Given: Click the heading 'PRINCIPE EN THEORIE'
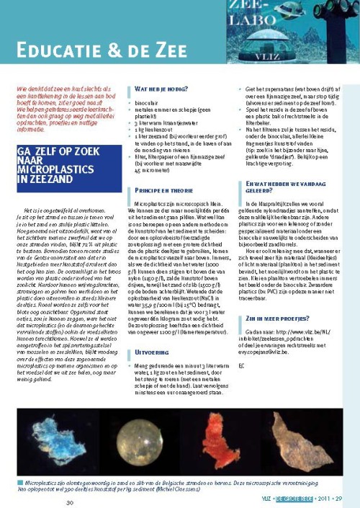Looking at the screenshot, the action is coord(165,190).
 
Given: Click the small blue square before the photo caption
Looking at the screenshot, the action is coord(19,478).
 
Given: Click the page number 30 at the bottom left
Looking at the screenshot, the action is coord(69,502).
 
